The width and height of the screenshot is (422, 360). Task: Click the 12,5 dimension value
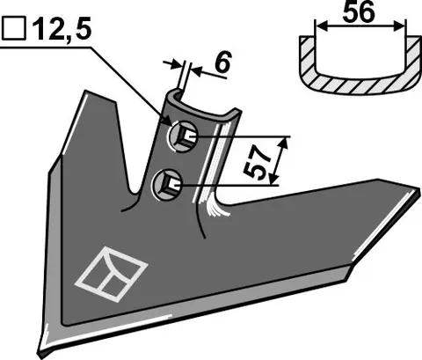pyautogui.click(x=62, y=29)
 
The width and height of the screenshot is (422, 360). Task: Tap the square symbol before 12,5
pyautogui.click(x=14, y=29)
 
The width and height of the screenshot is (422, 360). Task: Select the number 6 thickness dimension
pyautogui.click(x=222, y=62)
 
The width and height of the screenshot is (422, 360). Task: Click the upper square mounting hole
pyautogui.click(x=184, y=136)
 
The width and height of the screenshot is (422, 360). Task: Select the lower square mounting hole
pyautogui.click(x=168, y=185)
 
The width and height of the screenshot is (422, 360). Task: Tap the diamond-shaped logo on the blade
pyautogui.click(x=112, y=274)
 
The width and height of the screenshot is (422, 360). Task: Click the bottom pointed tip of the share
pyautogui.click(x=41, y=355)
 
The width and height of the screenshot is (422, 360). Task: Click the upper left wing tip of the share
pyautogui.click(x=86, y=92)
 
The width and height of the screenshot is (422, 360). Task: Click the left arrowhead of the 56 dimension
pyautogui.click(x=320, y=26)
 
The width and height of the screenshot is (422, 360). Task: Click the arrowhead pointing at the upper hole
pyautogui.click(x=166, y=121)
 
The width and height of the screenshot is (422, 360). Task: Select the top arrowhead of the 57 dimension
pyautogui.click(x=283, y=144)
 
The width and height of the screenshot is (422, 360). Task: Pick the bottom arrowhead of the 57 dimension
pyautogui.click(x=273, y=179)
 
